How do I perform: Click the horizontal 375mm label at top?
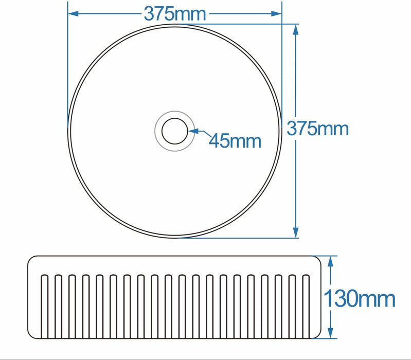175,14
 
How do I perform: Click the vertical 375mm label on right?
317,128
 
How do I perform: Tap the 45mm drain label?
235,140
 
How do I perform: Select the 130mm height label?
360,298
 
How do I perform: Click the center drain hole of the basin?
175,131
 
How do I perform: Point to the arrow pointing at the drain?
198,132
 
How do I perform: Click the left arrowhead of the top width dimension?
73,14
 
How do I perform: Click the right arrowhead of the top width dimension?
277,14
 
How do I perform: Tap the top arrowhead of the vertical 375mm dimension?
296,29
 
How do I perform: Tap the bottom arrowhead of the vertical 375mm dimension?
296,233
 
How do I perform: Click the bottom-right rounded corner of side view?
318,334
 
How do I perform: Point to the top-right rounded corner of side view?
318,260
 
